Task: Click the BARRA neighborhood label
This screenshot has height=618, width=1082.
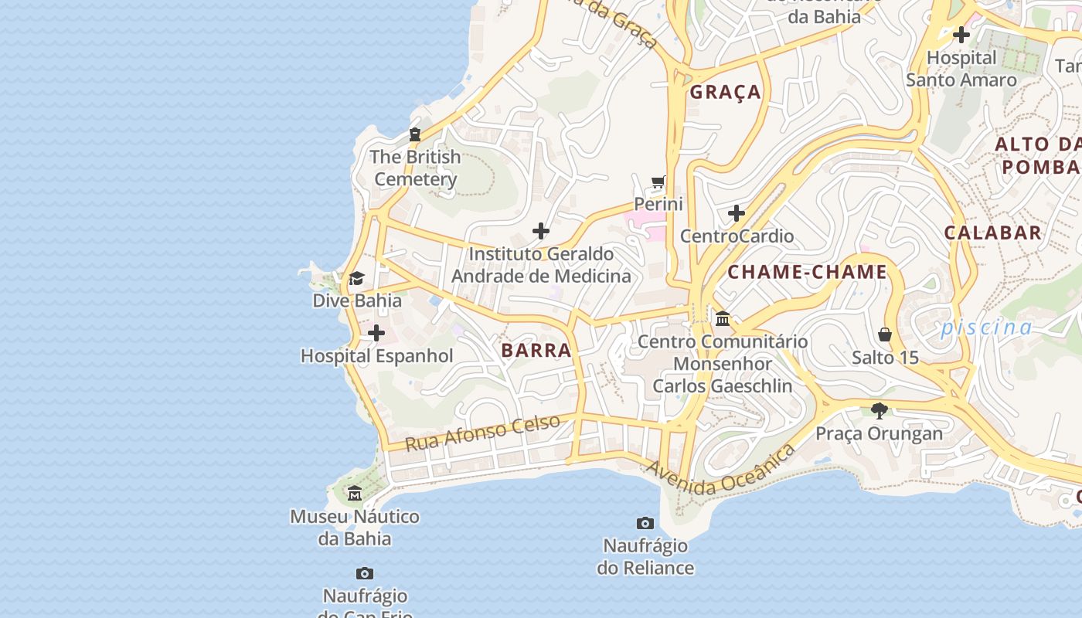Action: click(x=536, y=351)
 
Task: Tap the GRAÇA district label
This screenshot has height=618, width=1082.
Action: click(x=725, y=93)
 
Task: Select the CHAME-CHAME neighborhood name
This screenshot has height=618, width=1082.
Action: click(x=807, y=272)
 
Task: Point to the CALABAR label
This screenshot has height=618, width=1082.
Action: click(x=992, y=233)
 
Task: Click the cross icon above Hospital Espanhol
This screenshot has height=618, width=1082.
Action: click(x=376, y=333)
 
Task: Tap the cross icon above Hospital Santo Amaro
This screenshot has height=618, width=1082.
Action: click(x=961, y=35)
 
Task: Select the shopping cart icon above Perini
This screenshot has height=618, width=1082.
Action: click(x=658, y=182)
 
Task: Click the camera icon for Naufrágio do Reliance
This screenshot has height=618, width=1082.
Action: click(x=645, y=524)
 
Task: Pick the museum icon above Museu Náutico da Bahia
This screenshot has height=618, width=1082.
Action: click(x=355, y=494)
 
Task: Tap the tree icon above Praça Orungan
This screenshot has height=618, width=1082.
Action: click(x=879, y=410)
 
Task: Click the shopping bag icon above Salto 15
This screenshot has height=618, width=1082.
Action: click(x=885, y=334)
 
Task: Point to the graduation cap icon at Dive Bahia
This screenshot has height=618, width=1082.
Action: click(x=356, y=278)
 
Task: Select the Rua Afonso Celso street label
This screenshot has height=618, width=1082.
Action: click(x=482, y=433)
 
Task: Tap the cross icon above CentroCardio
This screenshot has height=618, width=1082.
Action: click(x=737, y=212)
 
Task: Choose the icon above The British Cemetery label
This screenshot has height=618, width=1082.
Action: click(x=415, y=134)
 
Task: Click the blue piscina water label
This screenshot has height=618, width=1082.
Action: click(x=985, y=328)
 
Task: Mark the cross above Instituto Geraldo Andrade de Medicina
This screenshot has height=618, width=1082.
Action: click(x=541, y=230)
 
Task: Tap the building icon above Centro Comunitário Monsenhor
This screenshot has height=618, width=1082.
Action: click(x=723, y=318)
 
